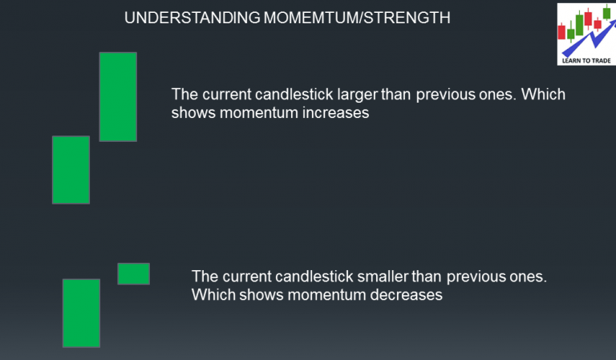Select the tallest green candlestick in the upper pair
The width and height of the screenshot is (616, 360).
click(118, 96)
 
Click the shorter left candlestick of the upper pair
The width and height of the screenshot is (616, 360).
click(71, 169)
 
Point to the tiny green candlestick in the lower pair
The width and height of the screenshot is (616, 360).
click(133, 273)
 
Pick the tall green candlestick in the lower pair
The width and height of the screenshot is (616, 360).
click(81, 313)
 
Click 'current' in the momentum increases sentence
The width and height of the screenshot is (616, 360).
click(225, 95)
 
